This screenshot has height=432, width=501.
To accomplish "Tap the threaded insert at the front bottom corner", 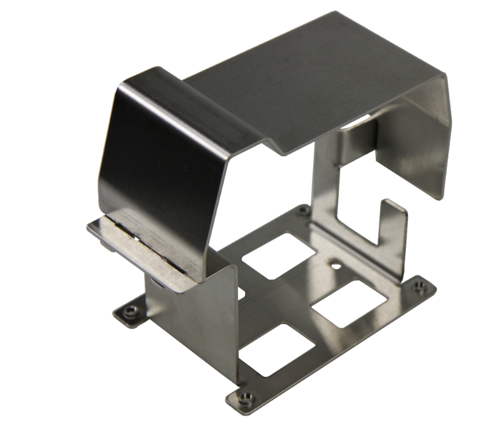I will tap(246, 397).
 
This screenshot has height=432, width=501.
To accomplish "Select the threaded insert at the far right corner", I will tap(419, 287).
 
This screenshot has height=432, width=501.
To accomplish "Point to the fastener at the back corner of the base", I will tap(303, 211).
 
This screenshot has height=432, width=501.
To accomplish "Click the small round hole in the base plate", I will tap(337, 266).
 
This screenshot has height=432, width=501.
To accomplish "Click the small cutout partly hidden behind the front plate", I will tap(240, 293).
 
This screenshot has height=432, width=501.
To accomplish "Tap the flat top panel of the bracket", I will tap(313, 82).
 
